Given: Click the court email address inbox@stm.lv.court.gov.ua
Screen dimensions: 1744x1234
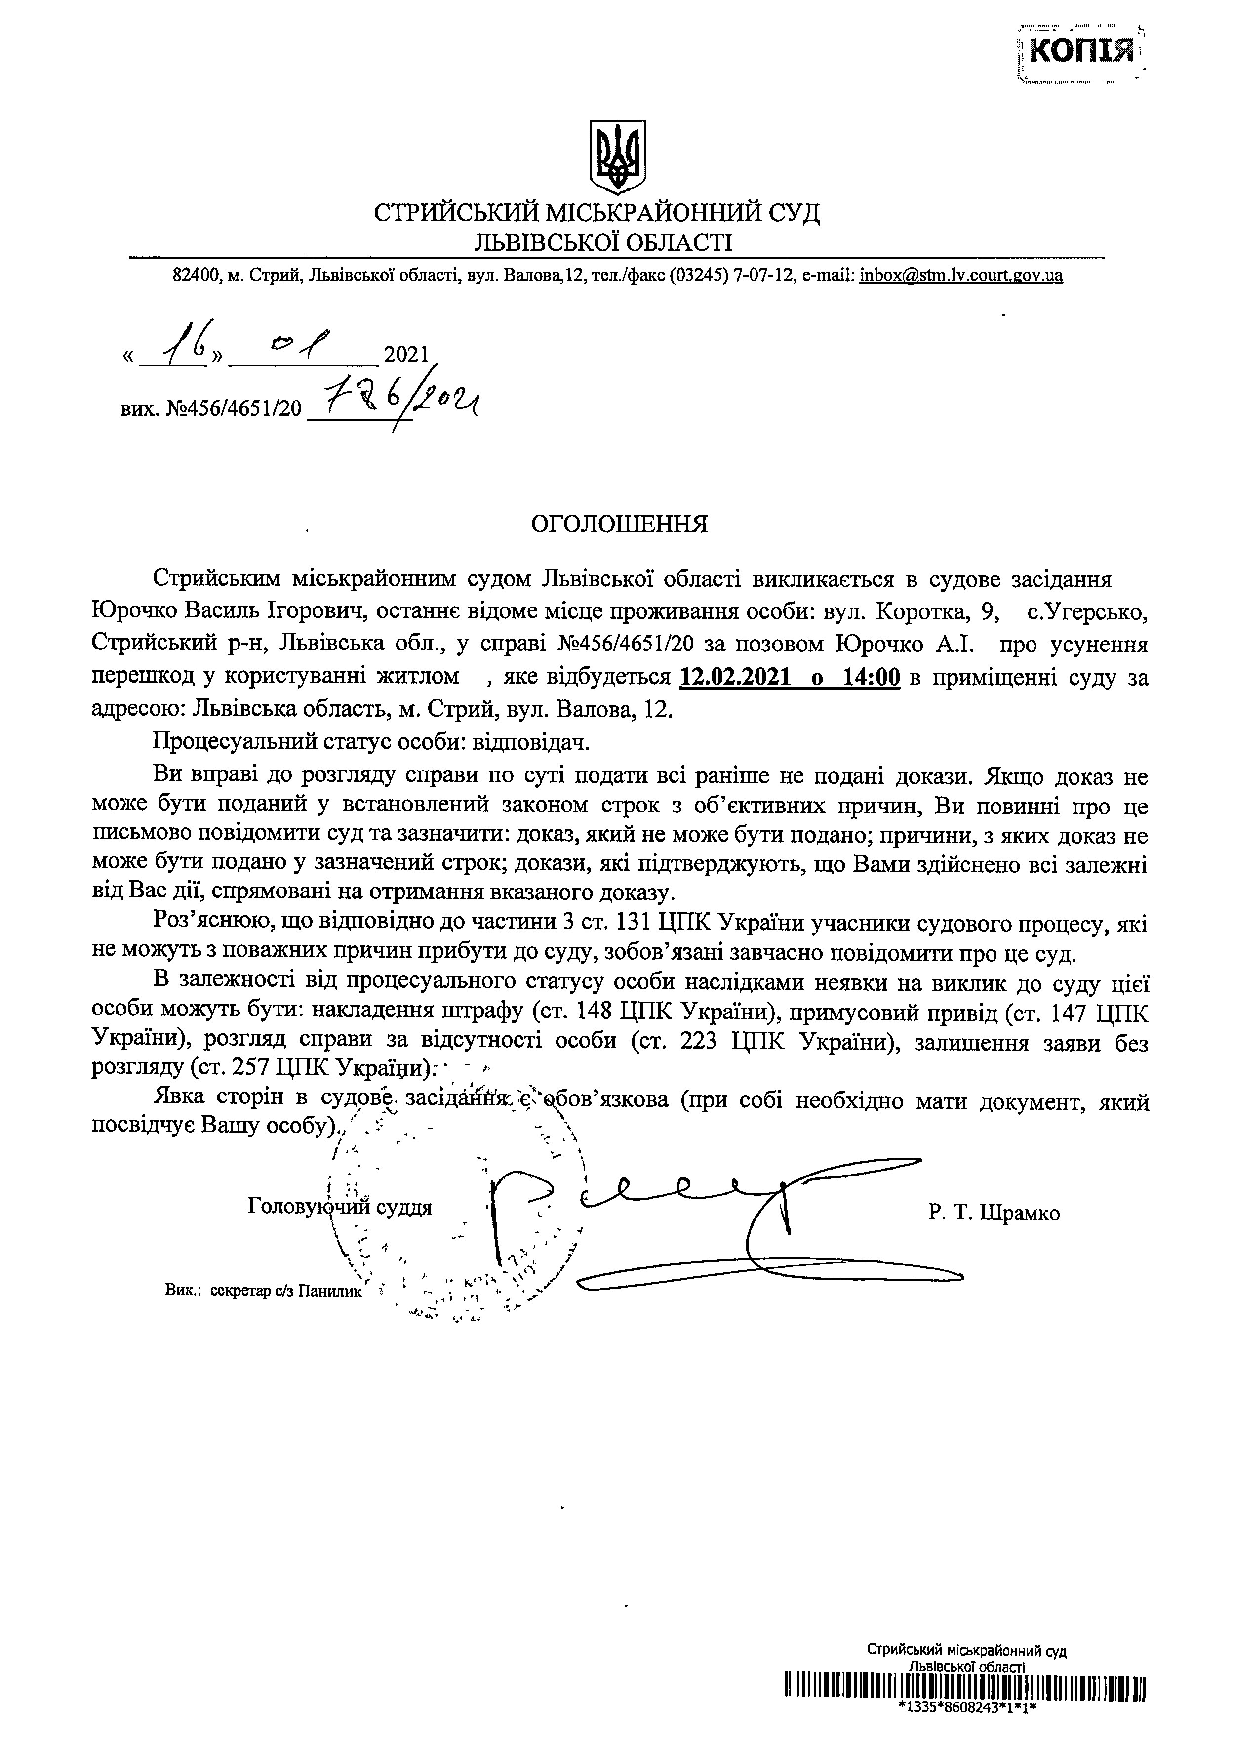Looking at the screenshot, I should pos(961,275).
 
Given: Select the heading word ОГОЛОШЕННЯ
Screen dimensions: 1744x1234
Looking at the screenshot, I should pos(618,525).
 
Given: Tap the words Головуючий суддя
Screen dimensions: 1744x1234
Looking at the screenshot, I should pos(340,1206).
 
